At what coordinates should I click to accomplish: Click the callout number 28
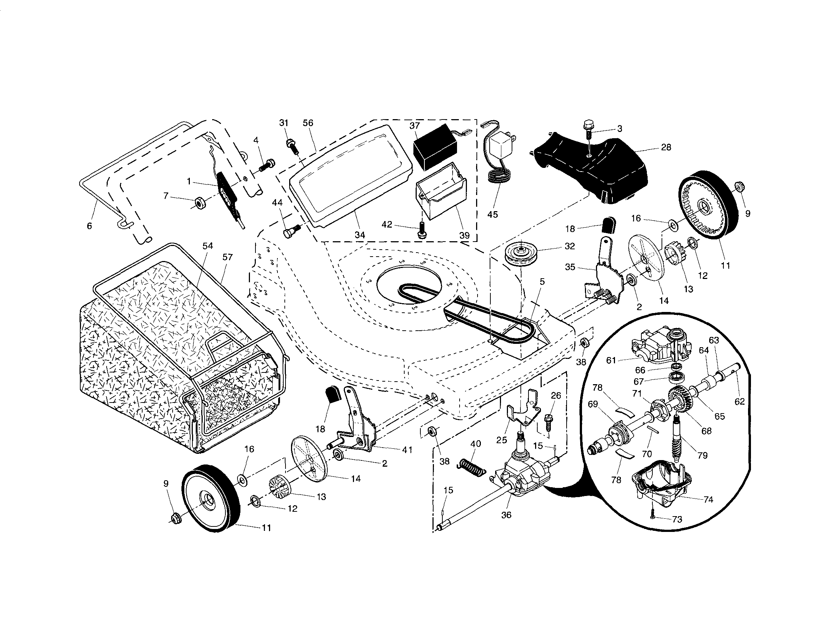click(666, 147)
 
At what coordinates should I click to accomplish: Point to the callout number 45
click(493, 215)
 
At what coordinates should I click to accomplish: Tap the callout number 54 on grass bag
click(207, 246)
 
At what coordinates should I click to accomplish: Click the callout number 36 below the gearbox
click(506, 515)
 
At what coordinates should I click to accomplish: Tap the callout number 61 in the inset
click(611, 360)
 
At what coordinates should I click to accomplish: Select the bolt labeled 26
click(549, 422)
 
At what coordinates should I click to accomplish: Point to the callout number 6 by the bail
click(89, 226)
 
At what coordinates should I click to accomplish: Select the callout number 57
click(227, 257)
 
